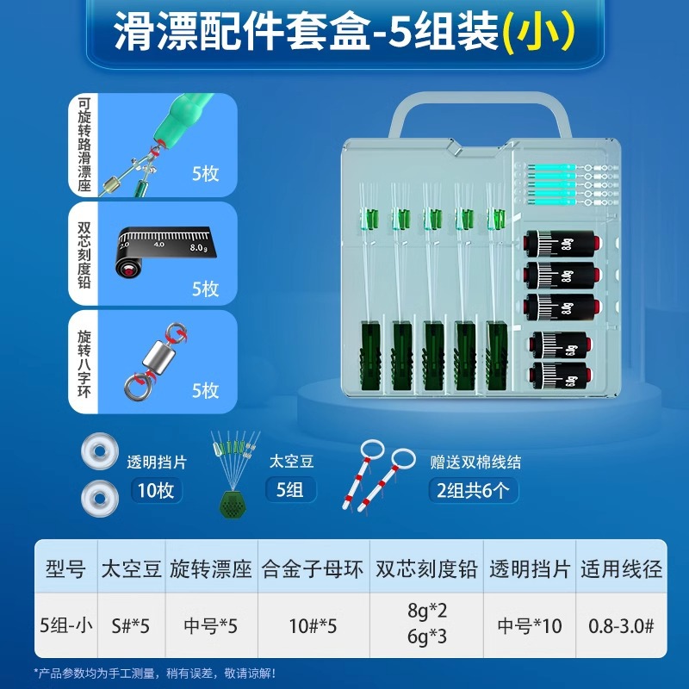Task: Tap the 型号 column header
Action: pyautogui.click(x=64, y=568)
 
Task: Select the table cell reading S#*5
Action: pyautogui.click(x=130, y=626)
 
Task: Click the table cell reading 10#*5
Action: pyautogui.click(x=313, y=626)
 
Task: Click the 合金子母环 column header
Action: pyautogui.click(x=313, y=568)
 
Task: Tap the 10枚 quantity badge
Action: pyautogui.click(x=155, y=491)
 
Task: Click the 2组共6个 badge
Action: pyautogui.click(x=471, y=491)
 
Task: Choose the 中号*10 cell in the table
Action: pyautogui.click(x=529, y=626)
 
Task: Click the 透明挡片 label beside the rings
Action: pyautogui.click(x=156, y=462)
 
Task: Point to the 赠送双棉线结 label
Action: pyautogui.click(x=475, y=462)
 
